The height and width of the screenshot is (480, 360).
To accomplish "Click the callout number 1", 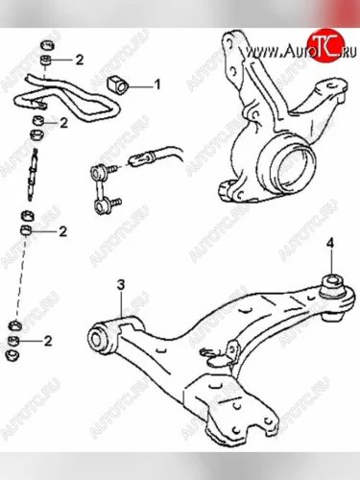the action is coord(157,84).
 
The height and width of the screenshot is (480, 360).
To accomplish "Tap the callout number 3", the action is coord(121,284).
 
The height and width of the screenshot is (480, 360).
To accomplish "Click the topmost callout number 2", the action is coord(79,60).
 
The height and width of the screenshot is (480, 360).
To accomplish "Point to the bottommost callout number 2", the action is coord(48,341).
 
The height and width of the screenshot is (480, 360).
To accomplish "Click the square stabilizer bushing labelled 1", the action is coord(117,84).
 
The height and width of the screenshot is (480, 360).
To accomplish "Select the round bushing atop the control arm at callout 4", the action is coord(332,285).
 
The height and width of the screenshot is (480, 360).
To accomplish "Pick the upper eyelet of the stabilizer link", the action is coord(97,173).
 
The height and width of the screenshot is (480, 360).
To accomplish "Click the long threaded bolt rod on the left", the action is coord(32,175).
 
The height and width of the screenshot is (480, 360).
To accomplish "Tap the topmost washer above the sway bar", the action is coord(47,45).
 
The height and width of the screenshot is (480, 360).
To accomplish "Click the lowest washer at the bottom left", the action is coord(13,354).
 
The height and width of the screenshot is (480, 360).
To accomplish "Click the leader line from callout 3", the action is coord(121,303).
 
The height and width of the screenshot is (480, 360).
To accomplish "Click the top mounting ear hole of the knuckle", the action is coord(228,42).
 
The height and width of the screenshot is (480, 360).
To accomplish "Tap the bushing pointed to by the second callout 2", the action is coord(38,121).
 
